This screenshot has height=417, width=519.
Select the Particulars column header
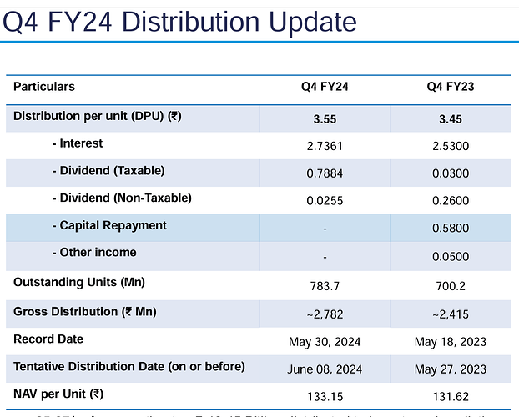[44, 87]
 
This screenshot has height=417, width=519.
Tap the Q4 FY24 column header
[325, 88]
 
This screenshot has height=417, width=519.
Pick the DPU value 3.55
[325, 119]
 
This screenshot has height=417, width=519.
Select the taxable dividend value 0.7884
[325, 173]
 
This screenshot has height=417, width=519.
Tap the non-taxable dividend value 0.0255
[325, 201]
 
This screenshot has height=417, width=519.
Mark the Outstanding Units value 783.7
[325, 285]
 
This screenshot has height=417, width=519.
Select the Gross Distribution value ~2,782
[325, 314]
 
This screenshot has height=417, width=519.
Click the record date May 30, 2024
[325, 342]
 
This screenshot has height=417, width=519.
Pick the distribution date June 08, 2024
[325, 369]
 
